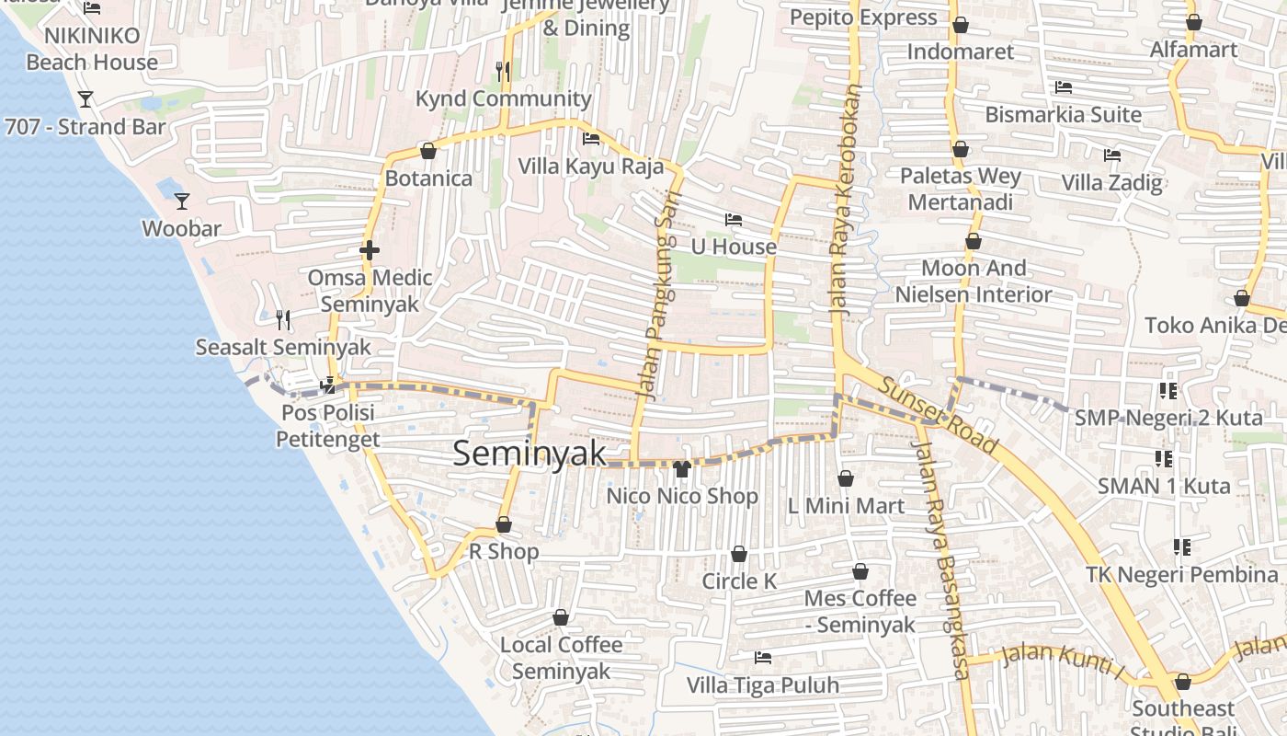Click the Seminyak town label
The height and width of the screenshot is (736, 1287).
click(x=530, y=453)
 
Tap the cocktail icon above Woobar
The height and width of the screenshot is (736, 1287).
click(x=182, y=201)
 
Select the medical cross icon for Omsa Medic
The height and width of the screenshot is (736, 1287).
click(x=370, y=249)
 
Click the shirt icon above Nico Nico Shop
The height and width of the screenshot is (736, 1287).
click(x=681, y=469)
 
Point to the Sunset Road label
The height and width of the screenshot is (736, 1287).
click(x=938, y=414)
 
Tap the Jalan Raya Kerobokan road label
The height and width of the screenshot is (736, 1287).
click(x=848, y=202)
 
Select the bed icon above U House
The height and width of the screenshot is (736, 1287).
click(x=734, y=220)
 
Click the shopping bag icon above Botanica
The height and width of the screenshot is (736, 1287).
click(x=427, y=151)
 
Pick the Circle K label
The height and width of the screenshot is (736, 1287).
click(x=739, y=581)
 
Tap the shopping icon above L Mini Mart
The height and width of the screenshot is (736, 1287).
click(x=846, y=478)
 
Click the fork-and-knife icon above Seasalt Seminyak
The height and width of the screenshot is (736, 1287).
click(x=283, y=320)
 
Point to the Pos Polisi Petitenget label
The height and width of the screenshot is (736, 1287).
click(x=328, y=426)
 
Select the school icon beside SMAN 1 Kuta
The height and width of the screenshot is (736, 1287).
click(x=1163, y=458)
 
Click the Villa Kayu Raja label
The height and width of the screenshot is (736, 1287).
click(x=591, y=167)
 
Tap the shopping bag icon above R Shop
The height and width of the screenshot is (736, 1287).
click(x=504, y=525)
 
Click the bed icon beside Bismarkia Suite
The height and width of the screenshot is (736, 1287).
click(x=1064, y=87)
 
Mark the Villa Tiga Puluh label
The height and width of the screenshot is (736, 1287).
click(x=763, y=685)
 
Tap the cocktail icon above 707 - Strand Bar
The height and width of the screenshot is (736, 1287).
click(x=85, y=98)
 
